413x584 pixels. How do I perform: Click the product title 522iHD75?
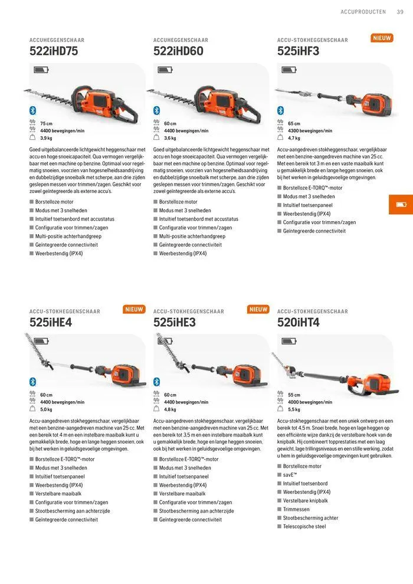pos(54,51)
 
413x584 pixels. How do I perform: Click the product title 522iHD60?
pos(178,51)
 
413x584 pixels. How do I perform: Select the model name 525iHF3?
pos(298,51)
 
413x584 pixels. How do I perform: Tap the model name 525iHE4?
pos(51,323)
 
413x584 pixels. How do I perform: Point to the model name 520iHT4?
pos(299,323)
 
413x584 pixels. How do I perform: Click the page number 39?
pos(400,12)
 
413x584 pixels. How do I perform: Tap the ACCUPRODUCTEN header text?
pos(363,12)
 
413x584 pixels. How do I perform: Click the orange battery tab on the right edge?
pos(401,205)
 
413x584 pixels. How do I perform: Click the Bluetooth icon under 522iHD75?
pos(33,110)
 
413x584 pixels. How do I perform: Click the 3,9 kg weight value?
pos(46,139)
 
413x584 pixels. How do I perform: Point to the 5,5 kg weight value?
pos(294,409)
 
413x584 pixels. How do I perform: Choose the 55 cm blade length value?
pos(294,395)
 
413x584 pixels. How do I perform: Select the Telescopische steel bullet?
pos(304,526)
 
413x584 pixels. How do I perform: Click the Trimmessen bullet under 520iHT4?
pos(296,509)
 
